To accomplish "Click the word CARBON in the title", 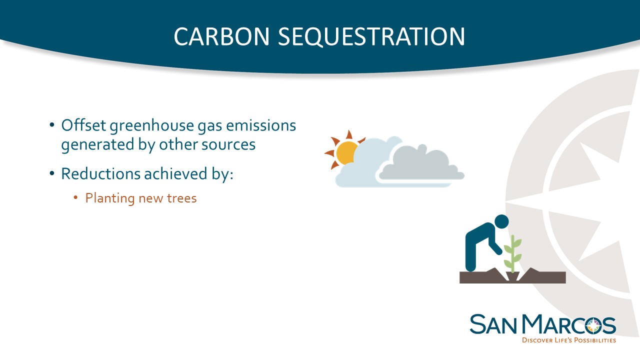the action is [x=221, y=36].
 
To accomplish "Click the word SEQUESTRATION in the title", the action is [x=371, y=36].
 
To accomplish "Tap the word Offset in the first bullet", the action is [x=83, y=125].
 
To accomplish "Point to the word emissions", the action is [x=261, y=125].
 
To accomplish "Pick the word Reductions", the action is [x=100, y=173].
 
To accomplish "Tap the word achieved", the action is [x=175, y=173].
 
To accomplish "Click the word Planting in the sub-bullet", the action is [x=109, y=198].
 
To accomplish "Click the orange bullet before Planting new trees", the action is [x=75, y=197].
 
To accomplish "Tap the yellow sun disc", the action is [x=346, y=153].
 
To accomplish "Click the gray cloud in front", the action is [x=421, y=163].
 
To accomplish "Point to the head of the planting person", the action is [x=501, y=221].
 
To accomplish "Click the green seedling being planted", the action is [x=512, y=254].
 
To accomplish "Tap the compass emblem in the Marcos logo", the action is [x=593, y=326].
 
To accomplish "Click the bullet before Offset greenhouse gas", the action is [x=51, y=125].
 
